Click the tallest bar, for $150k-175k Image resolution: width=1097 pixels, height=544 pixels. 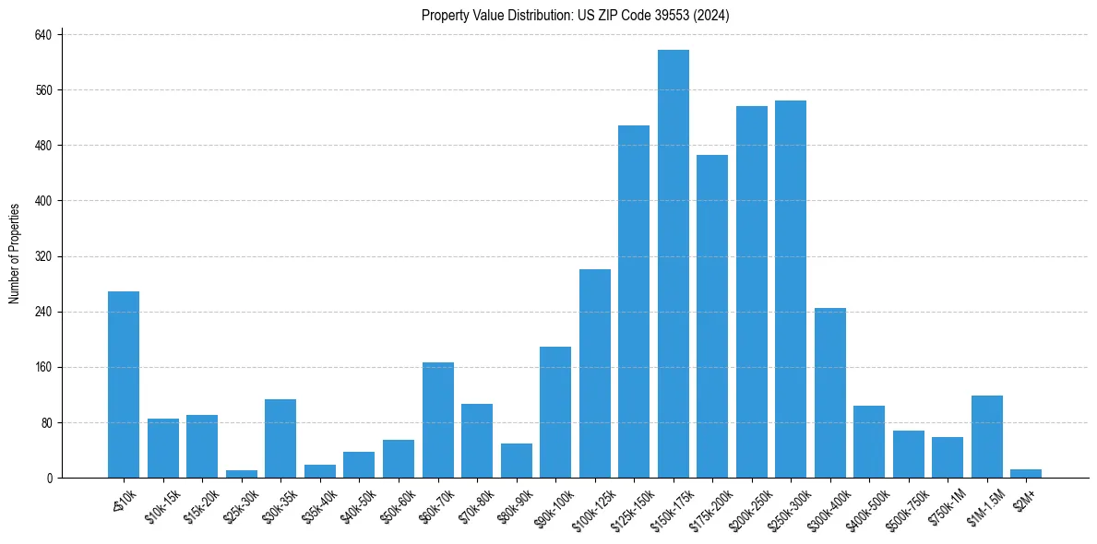pos(673,264)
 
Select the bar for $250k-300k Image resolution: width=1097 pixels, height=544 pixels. pos(791,289)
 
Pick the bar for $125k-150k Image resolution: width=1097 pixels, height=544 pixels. pos(634,302)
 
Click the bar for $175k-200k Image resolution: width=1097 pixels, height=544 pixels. pos(712,316)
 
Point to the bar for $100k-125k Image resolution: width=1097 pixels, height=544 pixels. pos(594,373)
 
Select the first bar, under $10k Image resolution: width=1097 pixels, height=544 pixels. pos(124,384)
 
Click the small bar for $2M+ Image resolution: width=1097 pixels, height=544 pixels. pos(1026,473)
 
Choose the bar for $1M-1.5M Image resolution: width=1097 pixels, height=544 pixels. pos(986,436)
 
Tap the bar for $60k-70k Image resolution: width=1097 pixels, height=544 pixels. pos(437,420)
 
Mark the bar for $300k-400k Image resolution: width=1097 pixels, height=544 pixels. pos(829,393)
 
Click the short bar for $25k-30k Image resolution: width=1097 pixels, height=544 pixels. pos(242,474)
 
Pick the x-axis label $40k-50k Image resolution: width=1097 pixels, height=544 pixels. pos(356,505)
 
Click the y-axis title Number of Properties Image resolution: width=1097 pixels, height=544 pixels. pos(15,254)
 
